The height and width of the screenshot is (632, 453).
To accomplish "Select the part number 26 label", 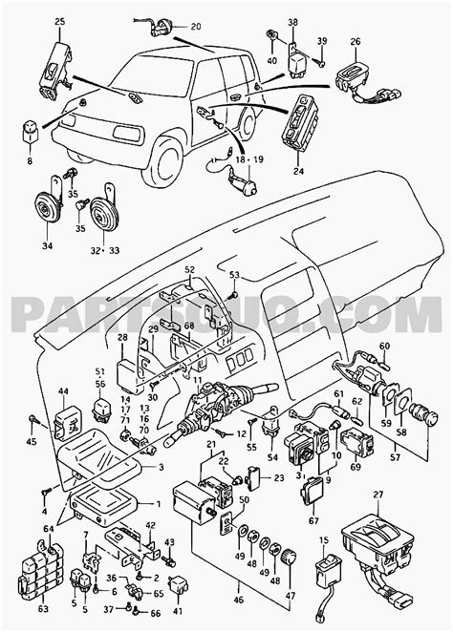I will [x=356, y=41].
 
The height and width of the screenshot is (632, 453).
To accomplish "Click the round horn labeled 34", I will [x=44, y=207].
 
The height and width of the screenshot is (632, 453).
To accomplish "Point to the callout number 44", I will [x=64, y=391].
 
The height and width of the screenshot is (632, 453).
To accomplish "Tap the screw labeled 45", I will [x=34, y=417].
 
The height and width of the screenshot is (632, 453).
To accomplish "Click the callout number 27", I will [x=377, y=494].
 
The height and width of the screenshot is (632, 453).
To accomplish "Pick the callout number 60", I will [x=384, y=346].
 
